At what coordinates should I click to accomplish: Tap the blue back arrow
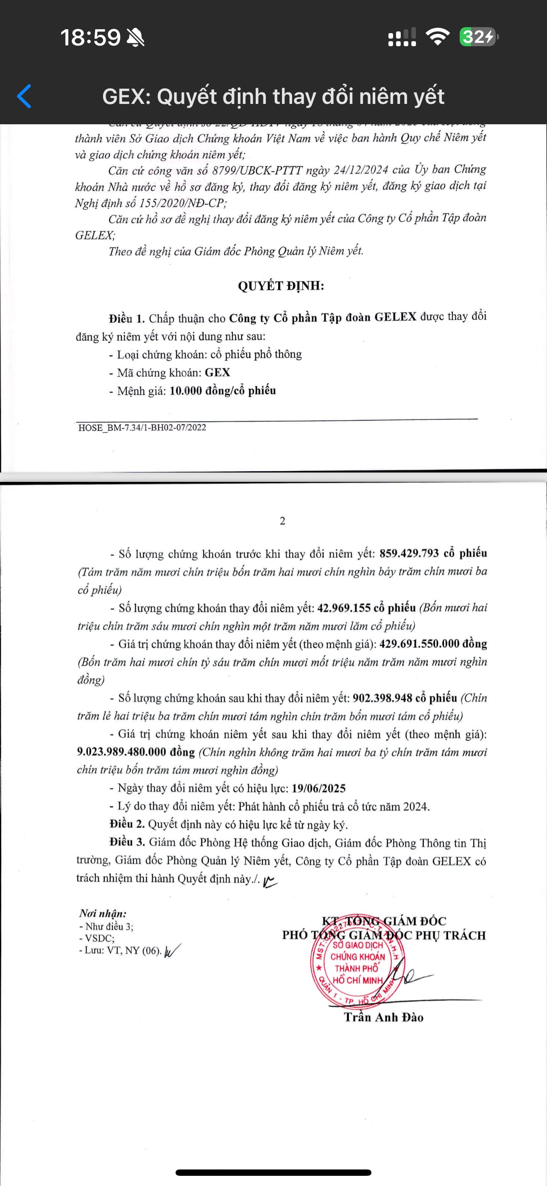[24, 96]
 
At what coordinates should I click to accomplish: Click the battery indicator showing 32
[478, 37]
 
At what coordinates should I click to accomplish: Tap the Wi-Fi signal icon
[438, 36]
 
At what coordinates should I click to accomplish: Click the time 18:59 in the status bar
[90, 37]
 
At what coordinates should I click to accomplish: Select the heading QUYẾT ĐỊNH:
[281, 286]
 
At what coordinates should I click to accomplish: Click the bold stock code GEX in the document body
[218, 372]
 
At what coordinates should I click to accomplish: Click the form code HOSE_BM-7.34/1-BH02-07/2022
[142, 428]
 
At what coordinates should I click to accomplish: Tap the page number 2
[282, 521]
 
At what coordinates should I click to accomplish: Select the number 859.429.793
[409, 553]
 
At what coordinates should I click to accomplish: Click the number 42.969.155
[344, 608]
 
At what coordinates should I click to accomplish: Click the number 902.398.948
[382, 698]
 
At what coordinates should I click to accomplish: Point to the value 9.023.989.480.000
[121, 752]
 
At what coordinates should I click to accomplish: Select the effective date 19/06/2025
[318, 788]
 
